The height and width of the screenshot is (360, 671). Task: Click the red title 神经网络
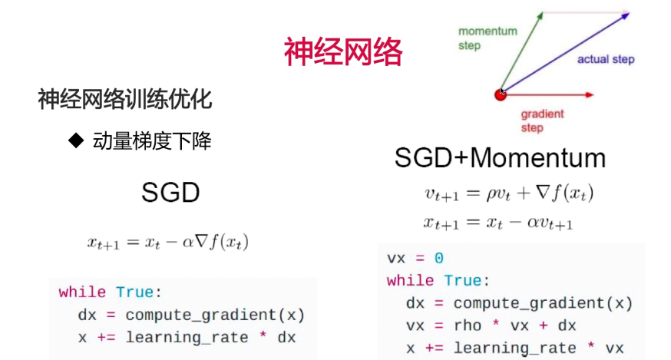(x=343, y=51)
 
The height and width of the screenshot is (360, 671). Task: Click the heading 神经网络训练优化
(x=125, y=99)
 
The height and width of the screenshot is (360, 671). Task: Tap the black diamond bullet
(x=76, y=140)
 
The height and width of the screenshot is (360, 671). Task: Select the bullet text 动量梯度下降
(x=152, y=140)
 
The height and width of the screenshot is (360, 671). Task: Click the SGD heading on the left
(x=170, y=192)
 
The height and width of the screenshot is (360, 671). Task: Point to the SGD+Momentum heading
(x=500, y=157)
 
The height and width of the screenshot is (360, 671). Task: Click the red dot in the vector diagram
(x=501, y=94)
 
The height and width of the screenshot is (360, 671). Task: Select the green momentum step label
(x=488, y=38)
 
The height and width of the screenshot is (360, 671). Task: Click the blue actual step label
(x=606, y=59)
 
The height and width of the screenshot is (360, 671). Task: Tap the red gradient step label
(x=542, y=121)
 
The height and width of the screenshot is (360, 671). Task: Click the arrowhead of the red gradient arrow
(x=590, y=94)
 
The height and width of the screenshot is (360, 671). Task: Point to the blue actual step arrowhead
(x=625, y=16)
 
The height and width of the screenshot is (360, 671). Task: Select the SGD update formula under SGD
(x=167, y=243)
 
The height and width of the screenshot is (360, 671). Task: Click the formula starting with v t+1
(x=509, y=193)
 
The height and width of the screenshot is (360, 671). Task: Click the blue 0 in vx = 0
(x=438, y=258)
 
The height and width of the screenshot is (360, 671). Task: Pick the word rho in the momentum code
(x=468, y=325)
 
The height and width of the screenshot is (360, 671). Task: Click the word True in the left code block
(x=134, y=292)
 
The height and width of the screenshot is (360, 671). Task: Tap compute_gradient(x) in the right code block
(x=543, y=303)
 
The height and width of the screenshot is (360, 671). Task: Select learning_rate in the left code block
(x=187, y=338)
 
